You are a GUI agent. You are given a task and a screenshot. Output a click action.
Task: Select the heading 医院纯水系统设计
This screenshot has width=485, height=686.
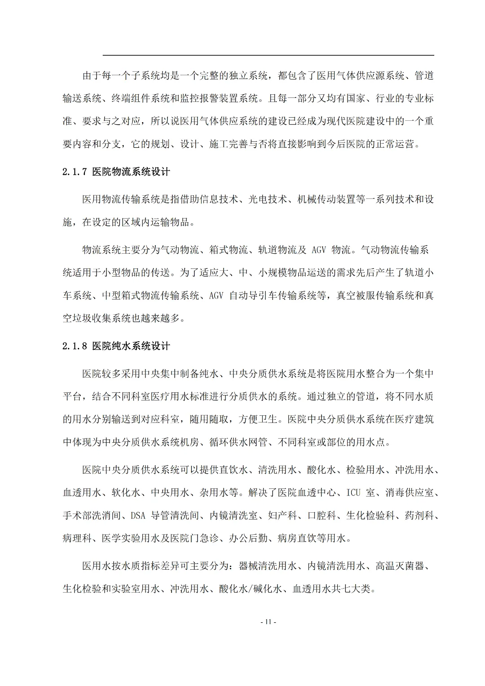pos(131,346)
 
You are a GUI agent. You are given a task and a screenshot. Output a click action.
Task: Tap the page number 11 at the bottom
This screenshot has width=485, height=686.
pos(268,622)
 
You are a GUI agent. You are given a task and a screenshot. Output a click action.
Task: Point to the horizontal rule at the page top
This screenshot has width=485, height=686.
pos(269,55)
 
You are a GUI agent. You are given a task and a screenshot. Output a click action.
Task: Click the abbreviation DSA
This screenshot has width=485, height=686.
pos(138,515)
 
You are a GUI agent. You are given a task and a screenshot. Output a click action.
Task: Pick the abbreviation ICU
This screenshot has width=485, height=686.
pos(353,493)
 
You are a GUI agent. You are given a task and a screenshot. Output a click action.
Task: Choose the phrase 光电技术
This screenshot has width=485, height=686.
pos(268,199)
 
